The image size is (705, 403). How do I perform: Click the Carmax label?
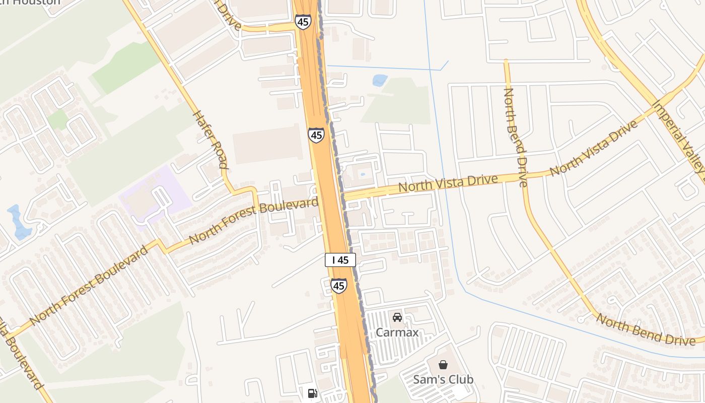pyautogui.click(x=397, y=332)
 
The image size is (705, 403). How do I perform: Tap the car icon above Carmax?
pyautogui.click(x=397, y=317)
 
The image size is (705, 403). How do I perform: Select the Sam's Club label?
pyautogui.click(x=443, y=379)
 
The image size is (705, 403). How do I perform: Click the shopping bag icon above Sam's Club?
pyautogui.click(x=443, y=365)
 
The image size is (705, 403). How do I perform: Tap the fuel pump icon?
pyautogui.click(x=312, y=393)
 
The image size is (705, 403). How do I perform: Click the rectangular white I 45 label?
pyautogui.click(x=340, y=260)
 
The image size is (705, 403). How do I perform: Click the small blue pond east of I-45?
pyautogui.click(x=380, y=80)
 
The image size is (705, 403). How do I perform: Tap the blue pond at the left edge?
pyautogui.click(x=20, y=222)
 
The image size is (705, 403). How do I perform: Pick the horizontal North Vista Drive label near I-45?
pyautogui.click(x=448, y=183)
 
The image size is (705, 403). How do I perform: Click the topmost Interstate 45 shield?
pyautogui.click(x=303, y=22)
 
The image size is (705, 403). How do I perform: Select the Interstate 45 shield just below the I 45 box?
pyautogui.click(x=339, y=286)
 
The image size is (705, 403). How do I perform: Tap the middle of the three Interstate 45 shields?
pyautogui.click(x=316, y=135)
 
